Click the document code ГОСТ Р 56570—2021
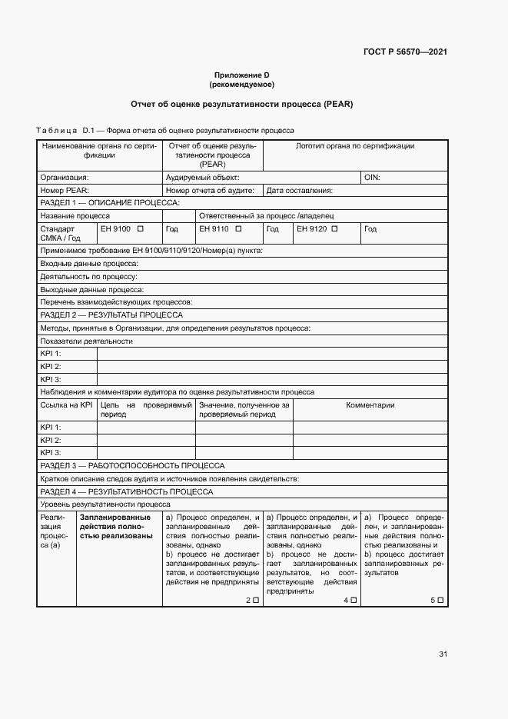click(405, 52)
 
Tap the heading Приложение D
click(241, 75)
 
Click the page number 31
click(443, 654)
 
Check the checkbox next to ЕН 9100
click(141, 229)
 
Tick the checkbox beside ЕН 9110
click(239, 229)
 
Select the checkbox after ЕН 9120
click(337, 229)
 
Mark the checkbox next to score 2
click(256, 600)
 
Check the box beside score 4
click(354, 600)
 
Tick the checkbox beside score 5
click(440, 600)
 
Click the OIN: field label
click(372, 177)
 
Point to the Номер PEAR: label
click(65, 190)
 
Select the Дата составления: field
click(299, 190)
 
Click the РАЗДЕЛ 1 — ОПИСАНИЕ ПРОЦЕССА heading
click(109, 203)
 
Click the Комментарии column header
click(370, 405)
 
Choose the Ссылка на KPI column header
click(66, 405)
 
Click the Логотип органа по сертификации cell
click(355, 146)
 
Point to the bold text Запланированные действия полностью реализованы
click(116, 527)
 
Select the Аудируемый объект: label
click(203, 177)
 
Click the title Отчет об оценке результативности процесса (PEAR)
click(241, 104)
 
